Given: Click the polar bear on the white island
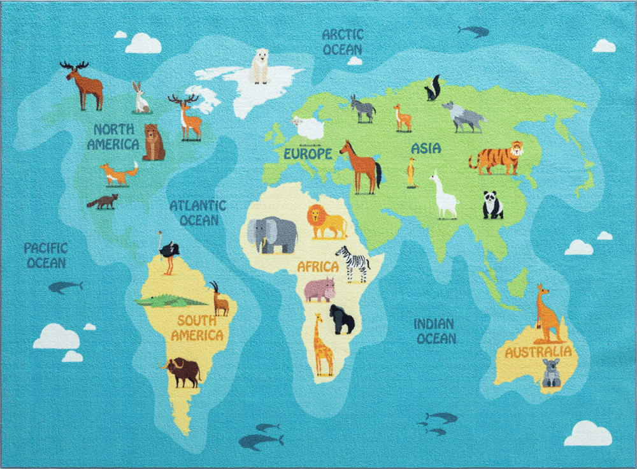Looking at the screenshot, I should pyautogui.click(x=259, y=66).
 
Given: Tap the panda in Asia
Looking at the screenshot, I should pyautogui.click(x=492, y=205).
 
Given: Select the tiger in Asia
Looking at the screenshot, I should pyautogui.click(x=497, y=158).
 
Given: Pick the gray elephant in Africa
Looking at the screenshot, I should pyautogui.click(x=272, y=234).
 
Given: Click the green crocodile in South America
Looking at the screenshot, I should pyautogui.click(x=169, y=299).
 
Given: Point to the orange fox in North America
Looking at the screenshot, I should pyautogui.click(x=118, y=173).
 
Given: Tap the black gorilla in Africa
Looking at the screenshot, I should pyautogui.click(x=341, y=319).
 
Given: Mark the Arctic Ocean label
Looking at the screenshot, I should pyautogui.click(x=342, y=41).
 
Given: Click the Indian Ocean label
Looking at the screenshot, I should pyautogui.click(x=436, y=331).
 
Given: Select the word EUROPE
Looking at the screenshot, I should pyautogui.click(x=308, y=154).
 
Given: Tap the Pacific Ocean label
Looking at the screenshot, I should pyautogui.click(x=46, y=254).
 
